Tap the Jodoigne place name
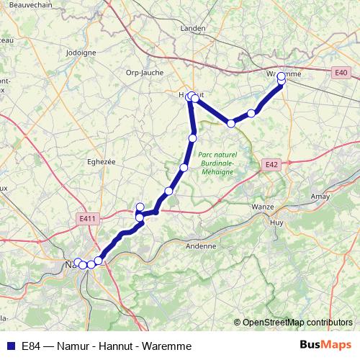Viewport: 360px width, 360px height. pos(81,53)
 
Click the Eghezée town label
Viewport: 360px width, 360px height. pos(101,162)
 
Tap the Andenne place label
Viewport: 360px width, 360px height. pos(201,246)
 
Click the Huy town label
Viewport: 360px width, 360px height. pos(276,223)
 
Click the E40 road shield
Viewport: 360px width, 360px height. pos(341,72)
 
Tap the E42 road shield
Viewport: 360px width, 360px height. pos(271,165)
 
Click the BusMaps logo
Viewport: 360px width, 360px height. pos(325,346)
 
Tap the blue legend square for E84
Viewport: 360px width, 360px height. pos(11,346)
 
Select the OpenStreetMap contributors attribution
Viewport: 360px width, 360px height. pos(298,322)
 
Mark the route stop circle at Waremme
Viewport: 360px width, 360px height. pos(281,76)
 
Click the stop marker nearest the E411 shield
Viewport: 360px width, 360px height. pos(140,208)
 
